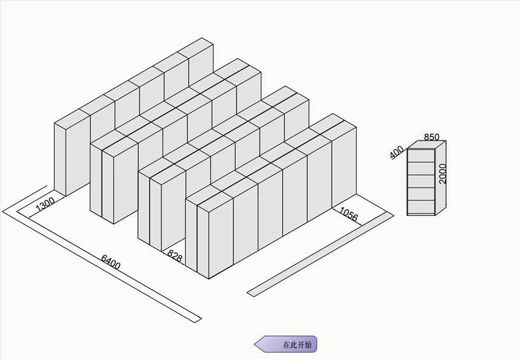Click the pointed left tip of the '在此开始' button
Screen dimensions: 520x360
coord(255,344)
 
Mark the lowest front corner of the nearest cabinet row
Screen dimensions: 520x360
coord(209,279)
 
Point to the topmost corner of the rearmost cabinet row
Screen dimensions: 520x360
coord(201,38)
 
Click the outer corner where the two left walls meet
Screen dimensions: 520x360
coord(2,211)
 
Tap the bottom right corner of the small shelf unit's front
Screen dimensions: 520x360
coord(435,215)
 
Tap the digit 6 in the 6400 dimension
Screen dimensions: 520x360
coord(104,258)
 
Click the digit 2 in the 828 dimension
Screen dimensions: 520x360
coord(175,257)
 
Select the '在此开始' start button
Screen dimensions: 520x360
coord(285,344)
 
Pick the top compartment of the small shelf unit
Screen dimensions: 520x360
coord(421,156)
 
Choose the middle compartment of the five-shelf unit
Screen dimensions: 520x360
coord(421,182)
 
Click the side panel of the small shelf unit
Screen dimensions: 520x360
coord(440,178)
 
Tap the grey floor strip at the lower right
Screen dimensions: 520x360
coord(320,254)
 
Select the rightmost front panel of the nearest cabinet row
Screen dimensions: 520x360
coord(344,167)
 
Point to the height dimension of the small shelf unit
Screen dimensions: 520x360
coord(443,174)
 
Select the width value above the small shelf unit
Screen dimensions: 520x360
coord(432,137)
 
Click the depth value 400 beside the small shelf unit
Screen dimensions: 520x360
coord(397,152)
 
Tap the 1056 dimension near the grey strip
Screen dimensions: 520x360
coord(349,214)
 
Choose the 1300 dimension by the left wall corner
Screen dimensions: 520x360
coord(45,205)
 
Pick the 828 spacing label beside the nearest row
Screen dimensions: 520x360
coord(175,256)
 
